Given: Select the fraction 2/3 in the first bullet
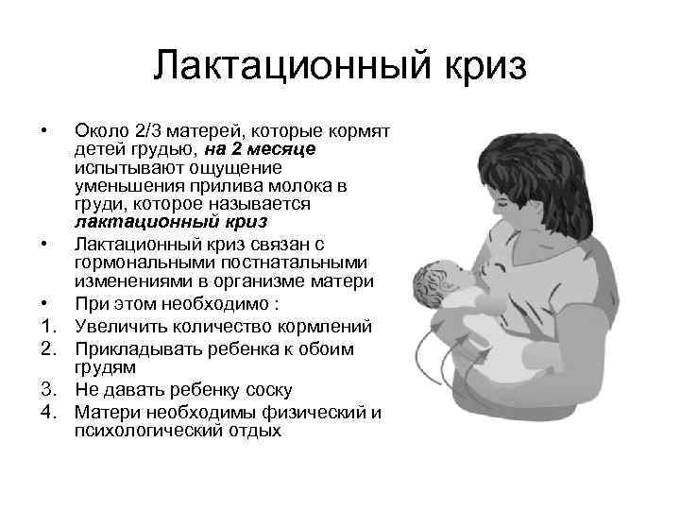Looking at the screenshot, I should coord(150,129).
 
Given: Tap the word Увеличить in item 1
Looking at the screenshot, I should coord(119,327).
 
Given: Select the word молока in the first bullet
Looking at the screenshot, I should coord(300,185).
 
